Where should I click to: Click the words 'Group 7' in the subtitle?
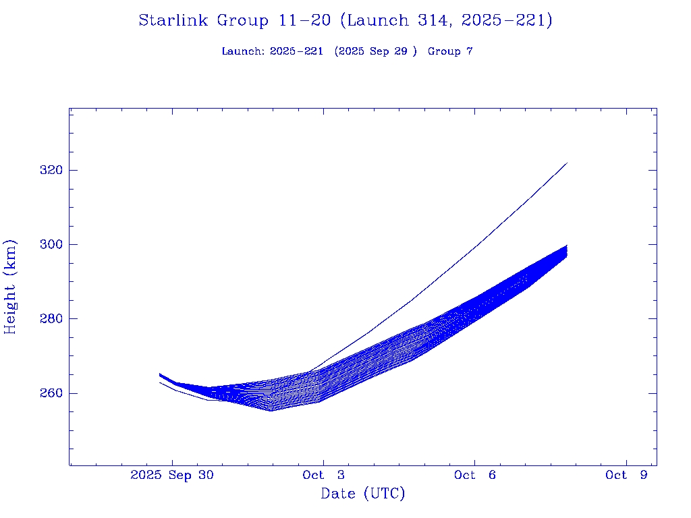[450, 51]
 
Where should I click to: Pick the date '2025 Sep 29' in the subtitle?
[378, 51]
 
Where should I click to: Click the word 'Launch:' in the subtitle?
[243, 51]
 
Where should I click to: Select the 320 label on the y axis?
[51, 170]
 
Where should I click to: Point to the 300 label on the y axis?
[51, 244]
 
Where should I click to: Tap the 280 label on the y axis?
[51, 318]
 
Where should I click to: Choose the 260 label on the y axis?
[51, 393]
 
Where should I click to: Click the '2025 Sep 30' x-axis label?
[172, 475]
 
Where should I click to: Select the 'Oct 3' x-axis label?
[323, 475]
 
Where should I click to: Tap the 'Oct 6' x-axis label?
[474, 475]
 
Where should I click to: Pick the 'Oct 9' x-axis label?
[626, 475]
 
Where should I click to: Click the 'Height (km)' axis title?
[10, 287]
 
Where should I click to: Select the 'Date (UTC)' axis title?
[363, 494]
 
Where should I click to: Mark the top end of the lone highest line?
[567, 163]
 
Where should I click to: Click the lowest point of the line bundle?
[271, 410]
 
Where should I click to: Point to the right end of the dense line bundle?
[567, 250]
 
